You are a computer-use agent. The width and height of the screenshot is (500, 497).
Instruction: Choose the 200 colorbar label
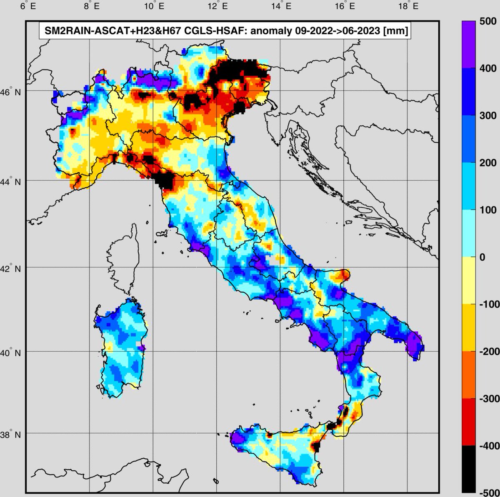[487, 162]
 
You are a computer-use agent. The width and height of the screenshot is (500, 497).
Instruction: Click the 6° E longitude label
[26, 7]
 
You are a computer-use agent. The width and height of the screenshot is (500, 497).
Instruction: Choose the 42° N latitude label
[12, 269]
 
